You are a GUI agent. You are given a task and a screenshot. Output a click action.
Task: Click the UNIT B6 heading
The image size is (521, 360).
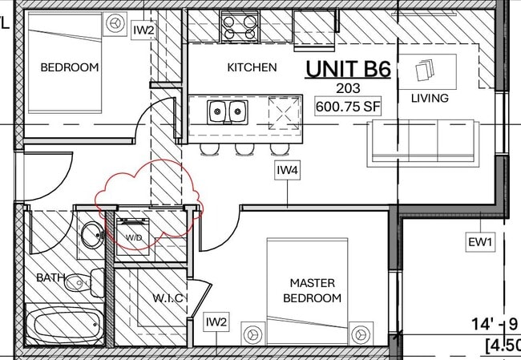347,69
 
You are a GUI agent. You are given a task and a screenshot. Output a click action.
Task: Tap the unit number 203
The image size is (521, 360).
348,88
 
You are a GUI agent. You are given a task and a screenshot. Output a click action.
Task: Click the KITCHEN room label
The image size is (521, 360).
252,68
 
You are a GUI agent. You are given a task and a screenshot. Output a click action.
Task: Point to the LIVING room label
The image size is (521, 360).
430,99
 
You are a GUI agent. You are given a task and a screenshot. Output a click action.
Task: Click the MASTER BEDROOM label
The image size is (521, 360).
312,290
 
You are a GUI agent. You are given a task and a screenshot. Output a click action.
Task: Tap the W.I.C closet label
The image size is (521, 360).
169,298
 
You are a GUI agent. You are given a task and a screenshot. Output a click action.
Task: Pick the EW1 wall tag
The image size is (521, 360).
481,241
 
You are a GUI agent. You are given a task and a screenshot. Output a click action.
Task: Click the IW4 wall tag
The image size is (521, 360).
288,171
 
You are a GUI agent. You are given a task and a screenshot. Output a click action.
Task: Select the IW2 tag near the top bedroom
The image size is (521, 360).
143,30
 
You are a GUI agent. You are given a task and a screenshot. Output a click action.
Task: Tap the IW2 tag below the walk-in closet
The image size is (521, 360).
216,322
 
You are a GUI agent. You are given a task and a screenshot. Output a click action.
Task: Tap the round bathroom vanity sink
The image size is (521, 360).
90,236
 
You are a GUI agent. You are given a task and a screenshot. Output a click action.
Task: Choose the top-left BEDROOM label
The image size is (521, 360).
70,67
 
